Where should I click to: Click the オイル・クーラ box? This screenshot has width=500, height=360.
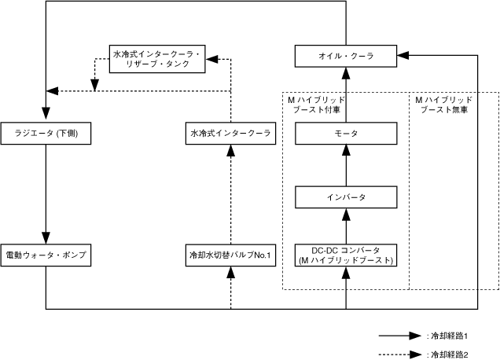346,56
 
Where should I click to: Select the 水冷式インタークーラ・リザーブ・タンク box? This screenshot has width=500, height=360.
157,60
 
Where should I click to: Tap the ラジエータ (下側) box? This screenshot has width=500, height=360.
46,134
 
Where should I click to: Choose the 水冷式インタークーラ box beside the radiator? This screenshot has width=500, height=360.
230,134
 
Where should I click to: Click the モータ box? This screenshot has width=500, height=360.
346,134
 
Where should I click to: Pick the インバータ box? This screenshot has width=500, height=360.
346,196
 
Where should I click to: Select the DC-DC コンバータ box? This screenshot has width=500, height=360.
346,255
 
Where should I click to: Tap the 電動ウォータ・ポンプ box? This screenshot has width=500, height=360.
46,255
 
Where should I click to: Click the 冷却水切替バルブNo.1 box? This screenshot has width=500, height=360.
230,255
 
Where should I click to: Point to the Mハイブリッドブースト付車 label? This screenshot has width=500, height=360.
314,106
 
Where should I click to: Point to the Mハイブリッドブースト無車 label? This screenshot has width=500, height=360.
444,106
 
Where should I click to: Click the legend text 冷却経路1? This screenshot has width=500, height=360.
447,336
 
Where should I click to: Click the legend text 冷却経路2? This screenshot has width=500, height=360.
447,354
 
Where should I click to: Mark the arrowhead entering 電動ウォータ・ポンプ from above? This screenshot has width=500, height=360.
46,237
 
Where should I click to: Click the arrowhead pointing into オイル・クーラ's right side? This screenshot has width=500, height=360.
403,56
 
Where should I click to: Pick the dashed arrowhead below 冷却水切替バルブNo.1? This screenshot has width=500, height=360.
230,273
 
